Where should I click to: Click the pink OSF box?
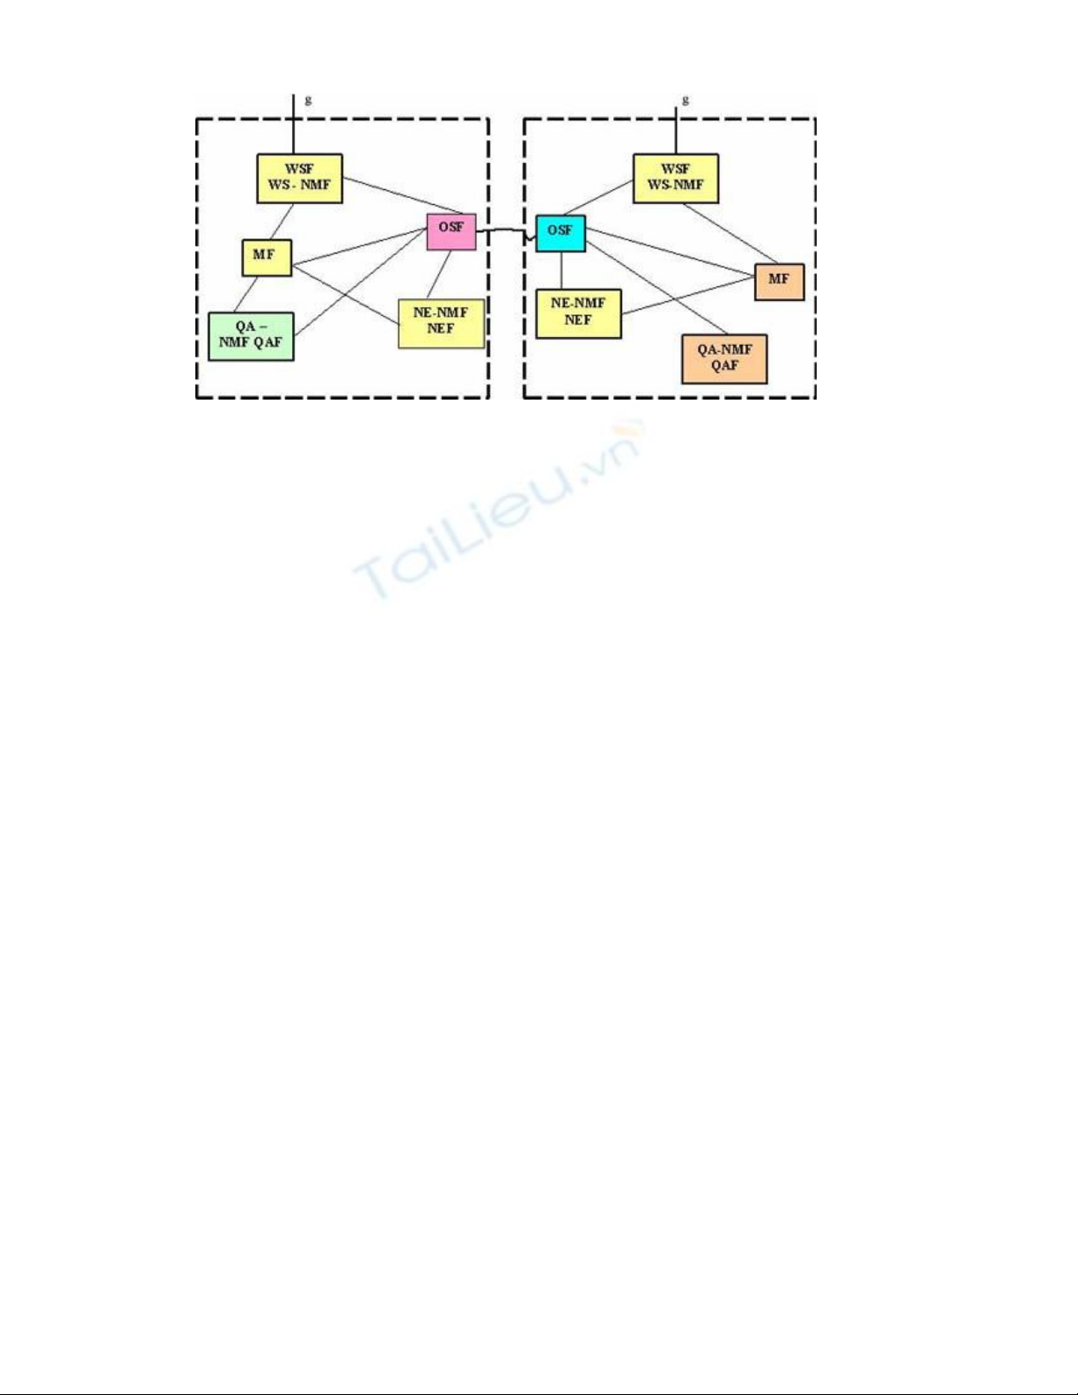pos(451,231)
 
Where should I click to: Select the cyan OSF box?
pos(561,232)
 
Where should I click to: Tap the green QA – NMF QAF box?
pos(251,335)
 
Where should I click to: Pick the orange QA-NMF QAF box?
pos(724,358)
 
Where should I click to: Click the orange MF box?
pos(779,281)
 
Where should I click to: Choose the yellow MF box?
pos(266,256)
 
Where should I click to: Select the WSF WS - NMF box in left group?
pos(299,178)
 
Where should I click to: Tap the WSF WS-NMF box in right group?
pos(675,178)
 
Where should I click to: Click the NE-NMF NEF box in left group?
pos(441,322)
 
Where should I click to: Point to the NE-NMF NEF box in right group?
pos(578,313)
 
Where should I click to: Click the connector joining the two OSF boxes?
pos(506,232)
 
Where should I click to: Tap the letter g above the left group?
pos(308,100)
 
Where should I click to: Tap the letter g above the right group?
pos(686,100)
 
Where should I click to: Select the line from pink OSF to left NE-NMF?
pos(440,274)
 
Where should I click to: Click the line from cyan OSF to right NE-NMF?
pos(561,270)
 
